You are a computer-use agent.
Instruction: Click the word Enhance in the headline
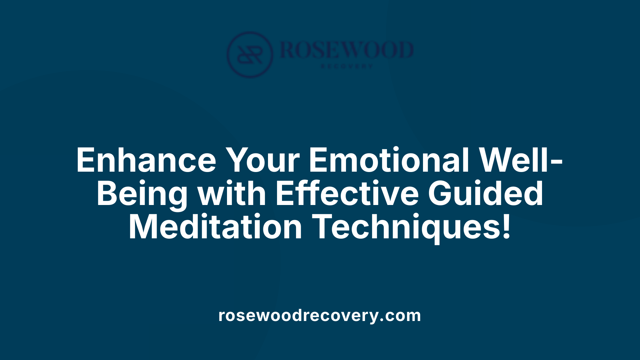click(x=146, y=160)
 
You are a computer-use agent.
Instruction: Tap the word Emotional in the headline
click(x=389, y=160)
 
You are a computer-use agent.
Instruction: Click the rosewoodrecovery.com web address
click(x=320, y=315)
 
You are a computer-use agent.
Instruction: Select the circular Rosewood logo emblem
click(x=250, y=54)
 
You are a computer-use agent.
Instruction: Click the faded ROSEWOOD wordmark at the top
click(x=347, y=50)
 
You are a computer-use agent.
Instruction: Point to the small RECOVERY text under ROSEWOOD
click(x=347, y=66)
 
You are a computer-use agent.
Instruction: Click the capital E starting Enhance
click(x=86, y=160)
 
